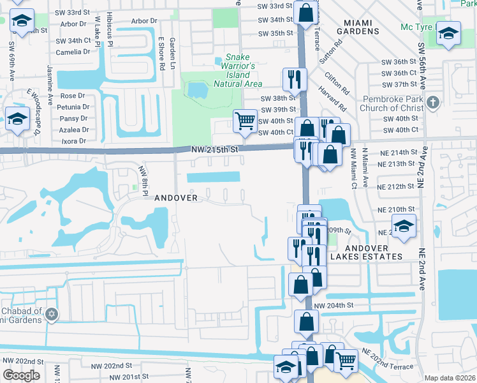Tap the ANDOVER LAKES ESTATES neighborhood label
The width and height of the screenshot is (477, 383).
click(x=366, y=252)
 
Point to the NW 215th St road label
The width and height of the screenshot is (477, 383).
click(x=214, y=149)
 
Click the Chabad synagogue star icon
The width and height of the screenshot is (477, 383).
click(x=52, y=314)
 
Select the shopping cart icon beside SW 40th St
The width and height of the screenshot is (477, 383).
click(x=245, y=120)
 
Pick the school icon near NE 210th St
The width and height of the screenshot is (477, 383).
click(x=403, y=227)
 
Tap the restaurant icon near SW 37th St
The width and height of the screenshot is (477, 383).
click(x=294, y=79)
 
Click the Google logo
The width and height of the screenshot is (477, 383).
click(x=21, y=375)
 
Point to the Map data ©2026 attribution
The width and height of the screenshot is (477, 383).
click(x=449, y=378)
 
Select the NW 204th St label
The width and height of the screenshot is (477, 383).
click(x=333, y=305)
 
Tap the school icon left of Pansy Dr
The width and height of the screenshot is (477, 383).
click(x=18, y=118)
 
